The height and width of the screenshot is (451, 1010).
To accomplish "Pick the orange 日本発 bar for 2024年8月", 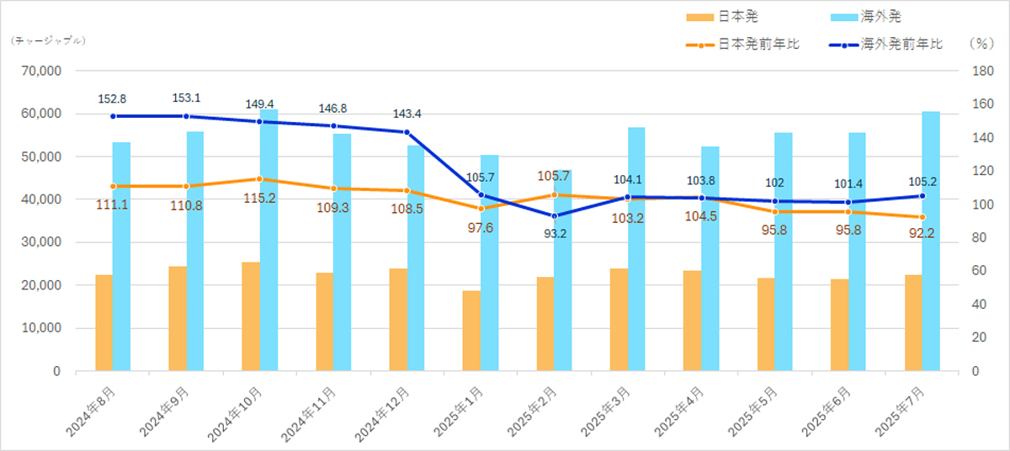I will [x=104, y=322].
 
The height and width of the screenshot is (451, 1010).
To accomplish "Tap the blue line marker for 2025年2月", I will [x=554, y=216].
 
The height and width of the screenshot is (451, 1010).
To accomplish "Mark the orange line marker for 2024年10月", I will [x=259, y=179].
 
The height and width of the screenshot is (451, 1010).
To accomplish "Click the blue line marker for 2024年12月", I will [x=407, y=132].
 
